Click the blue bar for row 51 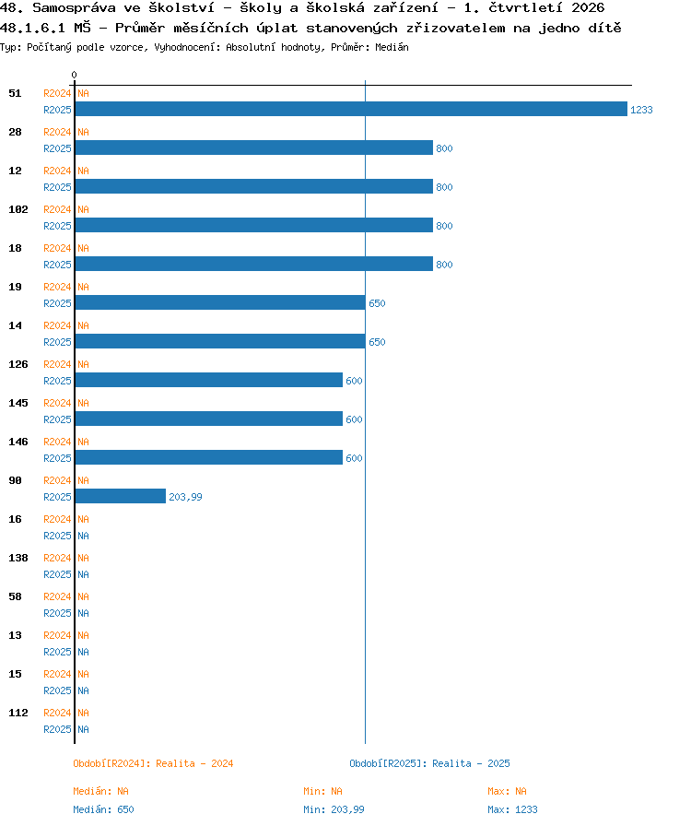coord(351,109)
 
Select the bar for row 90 coord(121,496)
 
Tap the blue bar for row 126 coord(209,380)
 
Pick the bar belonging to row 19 coord(220,302)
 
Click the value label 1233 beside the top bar coord(641,110)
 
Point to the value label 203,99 coord(185,497)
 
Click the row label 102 coord(18,209)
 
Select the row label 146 coord(18,442)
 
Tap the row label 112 coord(18,713)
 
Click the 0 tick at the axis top coord(75,75)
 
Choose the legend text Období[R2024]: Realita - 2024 coord(153,763)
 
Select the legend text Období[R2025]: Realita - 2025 coord(429,763)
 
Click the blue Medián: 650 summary coord(104,809)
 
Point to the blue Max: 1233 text coord(513,809)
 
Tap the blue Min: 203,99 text coord(334,809)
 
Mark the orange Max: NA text coord(507,791)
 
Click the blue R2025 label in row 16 coord(57,536)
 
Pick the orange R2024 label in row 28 coord(57,132)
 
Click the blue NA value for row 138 coord(83,574)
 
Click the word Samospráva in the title coord(75,8)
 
